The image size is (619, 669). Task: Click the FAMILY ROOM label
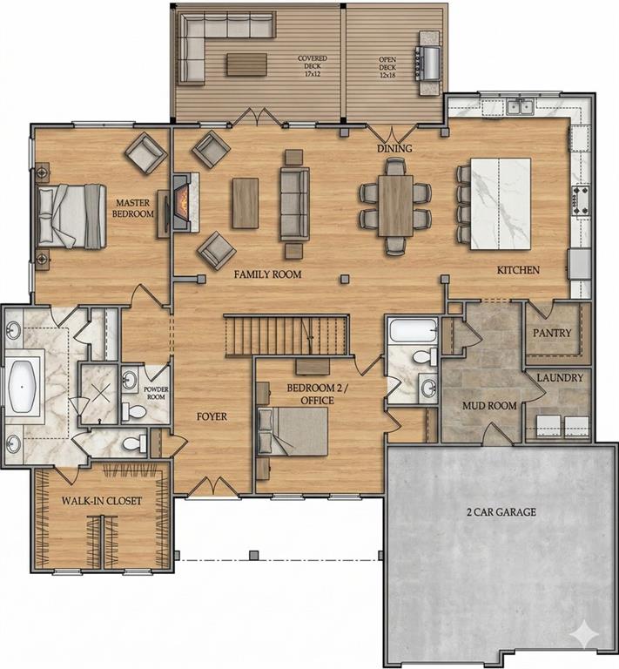(x=267, y=274)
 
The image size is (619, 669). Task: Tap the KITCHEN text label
(x=518, y=270)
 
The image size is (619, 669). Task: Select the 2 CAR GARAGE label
(x=500, y=511)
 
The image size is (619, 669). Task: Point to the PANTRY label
(x=553, y=333)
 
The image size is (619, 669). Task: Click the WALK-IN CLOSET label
(x=101, y=502)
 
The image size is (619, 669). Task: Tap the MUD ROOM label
(x=491, y=405)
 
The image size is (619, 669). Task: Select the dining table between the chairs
(x=396, y=206)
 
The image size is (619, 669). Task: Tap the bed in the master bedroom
(x=75, y=213)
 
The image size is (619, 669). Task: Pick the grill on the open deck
(x=428, y=61)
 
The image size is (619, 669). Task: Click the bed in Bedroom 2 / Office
(x=298, y=431)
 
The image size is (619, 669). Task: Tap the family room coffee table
(x=245, y=203)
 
